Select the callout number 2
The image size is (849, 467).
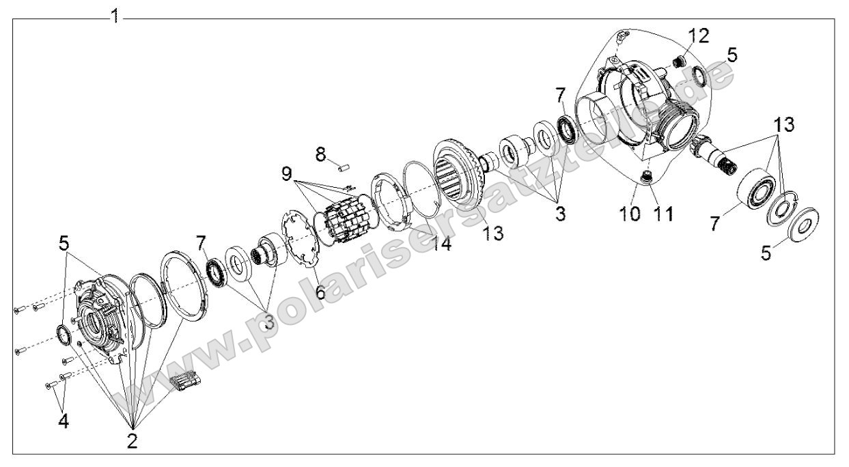click(133, 440)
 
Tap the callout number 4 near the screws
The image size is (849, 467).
click(63, 421)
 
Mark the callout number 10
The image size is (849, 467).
click(630, 214)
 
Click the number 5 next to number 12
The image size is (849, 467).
click(732, 56)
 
